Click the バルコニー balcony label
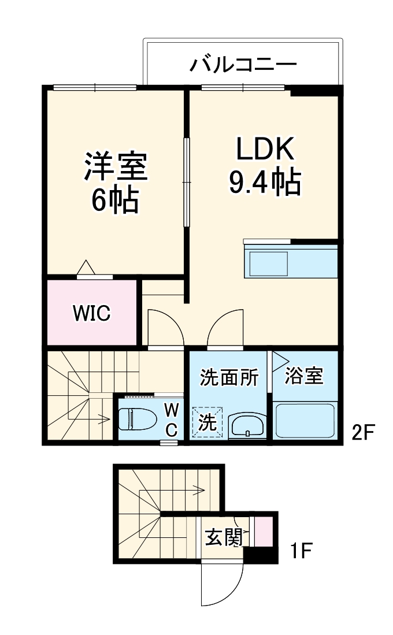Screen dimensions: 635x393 point(243,63)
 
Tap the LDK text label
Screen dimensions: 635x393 point(265,150)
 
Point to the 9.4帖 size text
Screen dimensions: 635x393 point(265,183)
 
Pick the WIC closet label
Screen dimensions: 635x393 point(91,313)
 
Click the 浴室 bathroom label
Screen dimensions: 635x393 point(304,376)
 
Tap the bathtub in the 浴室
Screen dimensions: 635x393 point(305,421)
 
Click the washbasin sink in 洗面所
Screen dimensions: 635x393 point(247,426)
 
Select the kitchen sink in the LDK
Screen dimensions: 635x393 point(268,263)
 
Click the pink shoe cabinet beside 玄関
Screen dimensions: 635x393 point(263,532)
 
